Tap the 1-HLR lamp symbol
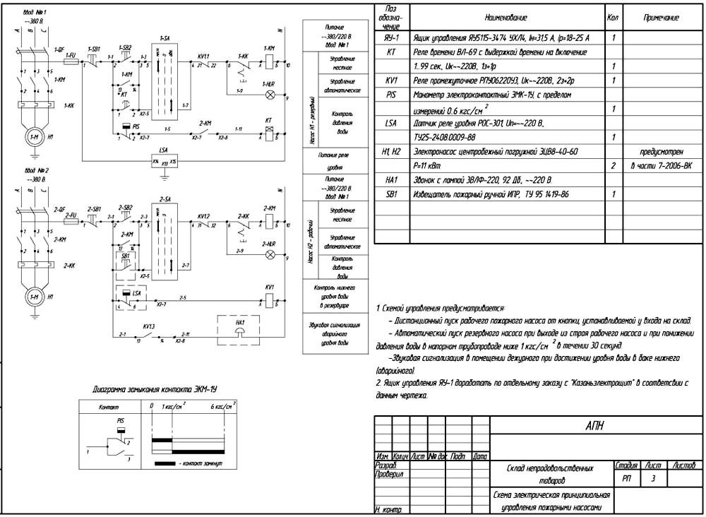coord(269,94)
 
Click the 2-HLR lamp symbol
coord(269,253)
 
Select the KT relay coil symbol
coord(268,132)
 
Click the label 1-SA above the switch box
coord(164,36)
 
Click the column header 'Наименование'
coord(505,17)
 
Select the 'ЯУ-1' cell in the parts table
coord(392,37)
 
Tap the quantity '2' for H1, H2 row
coord(614,165)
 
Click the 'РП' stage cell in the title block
coord(627,479)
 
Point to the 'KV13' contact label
coord(148,327)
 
